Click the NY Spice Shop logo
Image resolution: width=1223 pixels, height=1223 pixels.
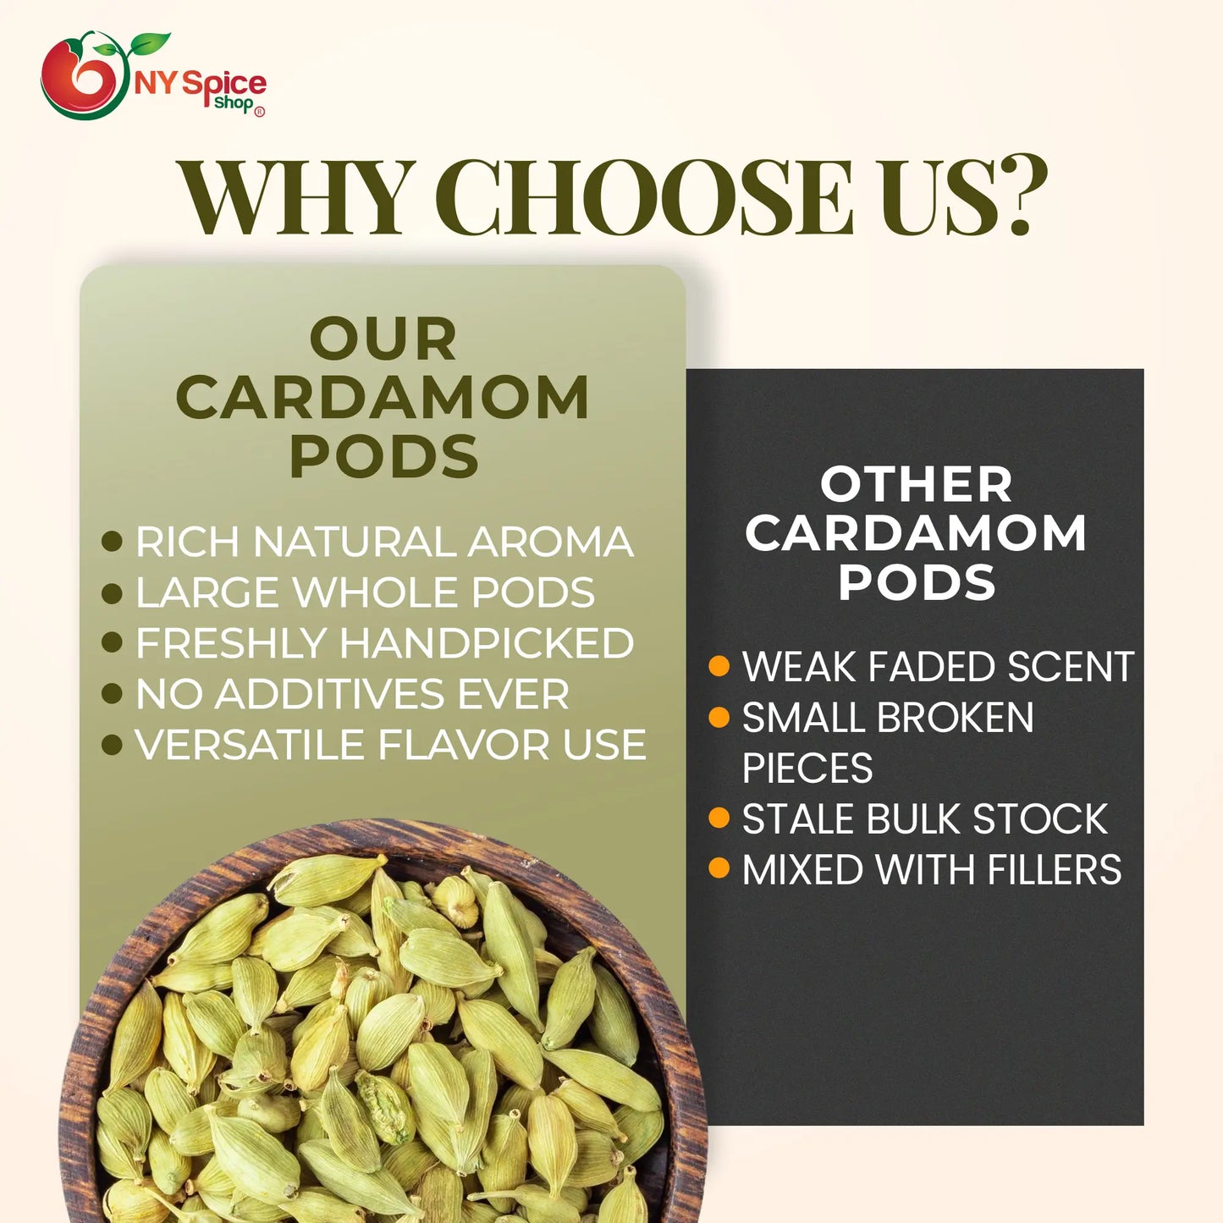point(152,76)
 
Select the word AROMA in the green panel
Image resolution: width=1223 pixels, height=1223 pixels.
point(550,543)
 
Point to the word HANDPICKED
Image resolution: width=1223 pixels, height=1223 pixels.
point(487,644)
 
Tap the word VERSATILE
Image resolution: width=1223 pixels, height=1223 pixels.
point(250,746)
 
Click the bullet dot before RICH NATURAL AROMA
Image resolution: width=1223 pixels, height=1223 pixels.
point(112,542)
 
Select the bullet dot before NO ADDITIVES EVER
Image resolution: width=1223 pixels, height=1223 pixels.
point(112,694)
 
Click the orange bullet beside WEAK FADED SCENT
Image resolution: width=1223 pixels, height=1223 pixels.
point(719,667)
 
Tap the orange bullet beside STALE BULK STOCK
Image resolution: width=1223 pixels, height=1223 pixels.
point(719,818)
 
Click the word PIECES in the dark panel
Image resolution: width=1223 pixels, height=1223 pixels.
point(807,769)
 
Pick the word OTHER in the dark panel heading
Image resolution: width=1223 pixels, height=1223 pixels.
point(916,485)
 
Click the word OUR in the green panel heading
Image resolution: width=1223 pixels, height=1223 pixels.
point(383,339)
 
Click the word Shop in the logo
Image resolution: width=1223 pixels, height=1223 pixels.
point(234,103)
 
